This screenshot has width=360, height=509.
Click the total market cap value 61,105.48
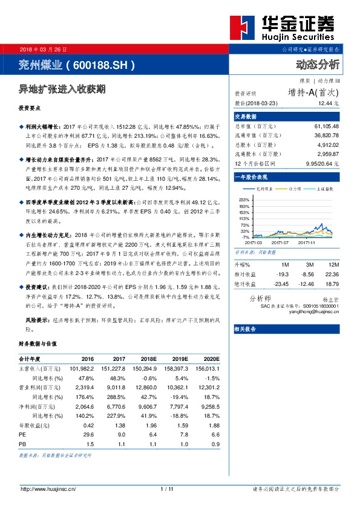(x=326, y=126)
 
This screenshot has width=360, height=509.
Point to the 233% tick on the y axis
(x=244, y=199)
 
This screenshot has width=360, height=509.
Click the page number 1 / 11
(x=168, y=488)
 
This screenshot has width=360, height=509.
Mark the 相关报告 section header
(x=246, y=329)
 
